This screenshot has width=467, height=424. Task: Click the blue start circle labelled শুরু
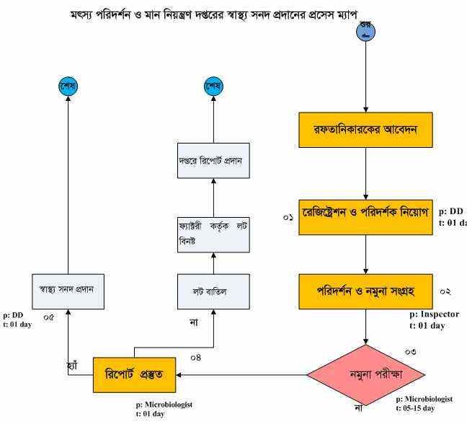[x=366, y=31]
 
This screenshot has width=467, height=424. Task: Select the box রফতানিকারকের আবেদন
[x=365, y=130]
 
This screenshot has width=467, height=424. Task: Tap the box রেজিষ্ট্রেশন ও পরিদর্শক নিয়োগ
[x=365, y=215]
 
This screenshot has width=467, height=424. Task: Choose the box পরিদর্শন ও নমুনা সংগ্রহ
[x=365, y=291]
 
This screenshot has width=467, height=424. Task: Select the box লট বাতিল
[x=213, y=291]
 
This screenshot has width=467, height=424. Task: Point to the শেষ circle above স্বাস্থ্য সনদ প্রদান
[x=68, y=87]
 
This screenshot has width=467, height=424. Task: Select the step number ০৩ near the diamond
[x=410, y=352]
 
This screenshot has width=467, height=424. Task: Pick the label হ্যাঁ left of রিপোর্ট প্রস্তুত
[x=71, y=366]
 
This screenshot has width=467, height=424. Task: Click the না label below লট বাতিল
[x=194, y=321]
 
